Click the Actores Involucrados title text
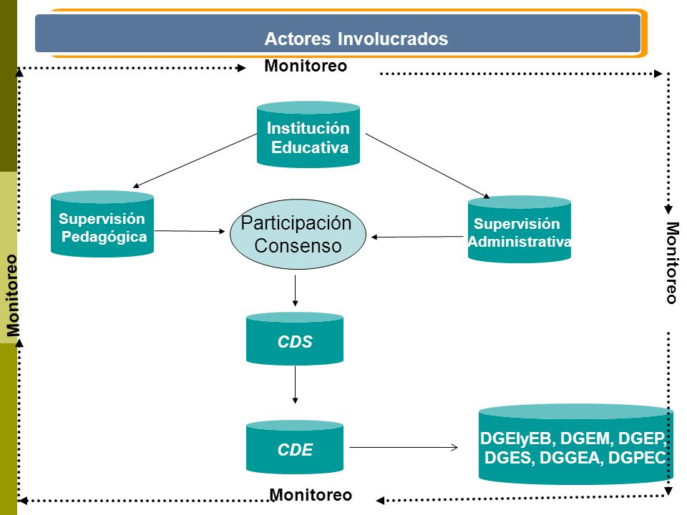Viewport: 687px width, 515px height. (356, 39)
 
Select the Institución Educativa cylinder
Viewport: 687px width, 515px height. (308, 134)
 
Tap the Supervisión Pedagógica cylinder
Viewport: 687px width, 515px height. (102, 224)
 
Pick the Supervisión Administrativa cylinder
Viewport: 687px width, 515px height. (520, 229)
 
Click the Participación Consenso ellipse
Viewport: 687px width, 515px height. (298, 235)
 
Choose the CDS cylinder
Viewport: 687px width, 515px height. (295, 338)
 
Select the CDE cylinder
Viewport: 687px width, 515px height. (295, 447)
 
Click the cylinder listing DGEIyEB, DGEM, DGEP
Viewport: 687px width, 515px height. (575, 444)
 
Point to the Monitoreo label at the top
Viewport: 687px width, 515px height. (306, 66)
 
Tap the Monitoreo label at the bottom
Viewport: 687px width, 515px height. (311, 495)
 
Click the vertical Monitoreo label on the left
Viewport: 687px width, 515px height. (13, 295)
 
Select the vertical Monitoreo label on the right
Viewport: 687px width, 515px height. (672, 263)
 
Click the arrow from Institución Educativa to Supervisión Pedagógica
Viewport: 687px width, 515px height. (195, 161)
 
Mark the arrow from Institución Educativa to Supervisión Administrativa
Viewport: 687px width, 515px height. (428, 166)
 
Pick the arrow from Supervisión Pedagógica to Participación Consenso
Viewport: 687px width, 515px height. (190, 231)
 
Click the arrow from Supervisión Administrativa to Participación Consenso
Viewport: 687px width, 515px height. (417, 237)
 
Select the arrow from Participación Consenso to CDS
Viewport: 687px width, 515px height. (296, 291)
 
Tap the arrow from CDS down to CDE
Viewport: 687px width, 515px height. (296, 385)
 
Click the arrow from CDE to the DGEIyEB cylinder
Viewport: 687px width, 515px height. (404, 447)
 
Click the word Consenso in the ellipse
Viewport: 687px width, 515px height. (298, 245)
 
